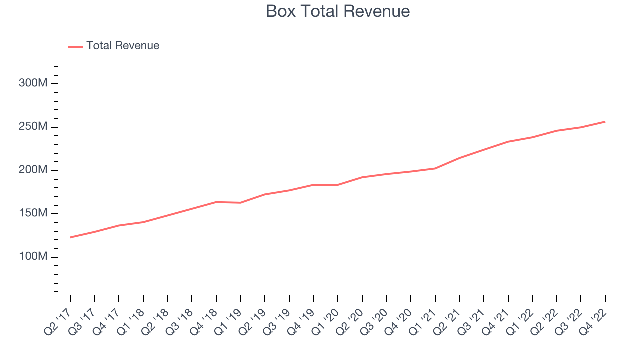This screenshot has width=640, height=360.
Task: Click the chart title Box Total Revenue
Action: coord(338,11)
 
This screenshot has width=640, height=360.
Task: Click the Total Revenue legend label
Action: coord(123,46)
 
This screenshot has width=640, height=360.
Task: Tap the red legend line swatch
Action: coord(75,46)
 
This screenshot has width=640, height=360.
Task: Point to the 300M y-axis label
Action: coord(33,83)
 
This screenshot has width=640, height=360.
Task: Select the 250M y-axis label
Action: coord(33,127)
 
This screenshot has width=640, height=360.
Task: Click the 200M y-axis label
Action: coord(33,170)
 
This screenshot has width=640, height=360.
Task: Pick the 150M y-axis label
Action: coord(33,214)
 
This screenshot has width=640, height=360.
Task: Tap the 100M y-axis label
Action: coord(33,257)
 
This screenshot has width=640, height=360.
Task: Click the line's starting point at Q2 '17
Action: coord(70,237)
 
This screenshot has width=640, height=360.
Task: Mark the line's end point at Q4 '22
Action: coord(605,121)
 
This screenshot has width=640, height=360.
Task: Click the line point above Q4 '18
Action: coord(216,202)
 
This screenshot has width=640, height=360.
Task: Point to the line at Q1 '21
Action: coord(435,168)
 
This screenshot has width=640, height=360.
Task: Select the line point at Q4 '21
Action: coord(508,141)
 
